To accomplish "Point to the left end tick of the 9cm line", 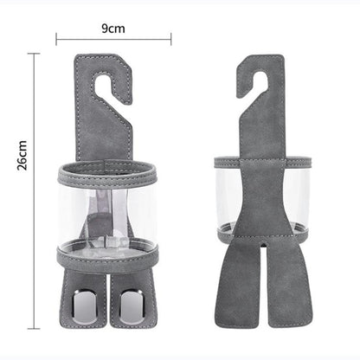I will coord(57,39).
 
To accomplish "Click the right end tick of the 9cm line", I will coord(171,39).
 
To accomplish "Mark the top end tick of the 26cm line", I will coord(35,54).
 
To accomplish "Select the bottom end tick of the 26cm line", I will coord(35,328).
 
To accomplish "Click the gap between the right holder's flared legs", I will coord(261,303).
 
